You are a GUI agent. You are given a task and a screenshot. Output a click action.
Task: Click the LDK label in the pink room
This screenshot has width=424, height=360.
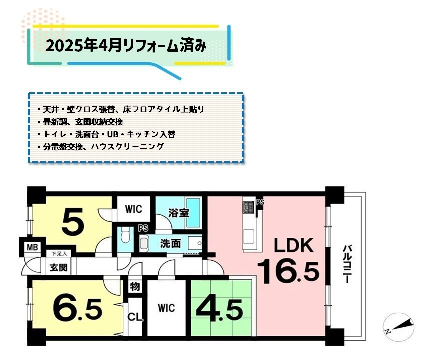click(x=294, y=245)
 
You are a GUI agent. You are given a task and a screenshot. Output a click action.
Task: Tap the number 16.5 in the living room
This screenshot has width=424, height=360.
click(x=289, y=271)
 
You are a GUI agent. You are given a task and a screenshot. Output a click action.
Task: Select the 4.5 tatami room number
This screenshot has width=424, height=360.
click(x=219, y=309)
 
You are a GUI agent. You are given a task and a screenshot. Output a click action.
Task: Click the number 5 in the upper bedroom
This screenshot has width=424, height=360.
click(x=72, y=222)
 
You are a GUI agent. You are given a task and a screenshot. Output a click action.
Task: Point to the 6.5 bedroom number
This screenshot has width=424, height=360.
click(x=78, y=309)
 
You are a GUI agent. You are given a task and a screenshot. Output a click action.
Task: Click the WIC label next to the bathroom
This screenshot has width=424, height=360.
click(x=133, y=209)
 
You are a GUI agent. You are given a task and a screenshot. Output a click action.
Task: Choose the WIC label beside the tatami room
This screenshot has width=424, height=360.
click(x=166, y=308)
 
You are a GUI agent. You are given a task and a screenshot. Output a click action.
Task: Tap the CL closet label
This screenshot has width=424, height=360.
click(x=135, y=317)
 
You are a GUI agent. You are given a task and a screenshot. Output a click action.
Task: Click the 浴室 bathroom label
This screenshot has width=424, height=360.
click(x=178, y=213)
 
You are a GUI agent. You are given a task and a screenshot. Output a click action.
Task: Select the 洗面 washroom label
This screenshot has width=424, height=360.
click(x=171, y=244)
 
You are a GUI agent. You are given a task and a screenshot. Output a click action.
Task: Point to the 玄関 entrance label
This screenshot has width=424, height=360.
click(x=58, y=268)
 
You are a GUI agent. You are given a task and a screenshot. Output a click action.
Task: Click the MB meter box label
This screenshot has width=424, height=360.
click(x=32, y=247)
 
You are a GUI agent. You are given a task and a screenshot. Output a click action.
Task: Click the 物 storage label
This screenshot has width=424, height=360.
click(x=135, y=287)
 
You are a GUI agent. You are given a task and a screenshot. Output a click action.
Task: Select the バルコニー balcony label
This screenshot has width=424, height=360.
click(x=347, y=264)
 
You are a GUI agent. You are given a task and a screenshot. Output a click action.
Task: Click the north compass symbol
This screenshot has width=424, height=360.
click(x=399, y=327)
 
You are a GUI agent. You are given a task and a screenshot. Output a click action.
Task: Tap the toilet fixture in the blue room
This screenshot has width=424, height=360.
click(x=125, y=235)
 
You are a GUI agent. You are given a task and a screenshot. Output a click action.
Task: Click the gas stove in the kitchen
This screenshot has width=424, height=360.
click(x=248, y=207)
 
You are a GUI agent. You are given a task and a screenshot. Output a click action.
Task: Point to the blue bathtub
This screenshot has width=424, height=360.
click(x=193, y=213)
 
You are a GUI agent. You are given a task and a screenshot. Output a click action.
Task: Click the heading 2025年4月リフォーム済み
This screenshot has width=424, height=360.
click(x=126, y=46)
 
